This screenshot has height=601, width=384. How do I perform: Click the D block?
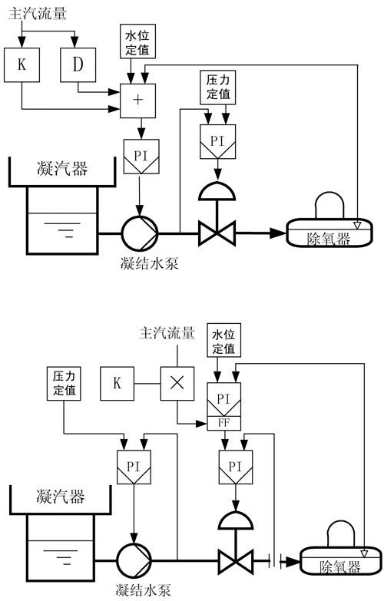coord(78,64)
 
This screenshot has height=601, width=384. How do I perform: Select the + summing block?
coord(137,101)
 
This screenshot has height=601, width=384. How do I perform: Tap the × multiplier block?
coord(177,383)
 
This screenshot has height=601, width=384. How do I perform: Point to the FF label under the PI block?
coord(224,423)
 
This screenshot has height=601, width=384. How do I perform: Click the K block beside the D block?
coord(22,64)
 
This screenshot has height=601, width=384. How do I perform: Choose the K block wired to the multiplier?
coord(117,383)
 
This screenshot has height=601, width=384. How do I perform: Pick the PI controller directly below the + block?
coord(141,157)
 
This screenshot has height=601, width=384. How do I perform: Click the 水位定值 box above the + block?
coord(137,41)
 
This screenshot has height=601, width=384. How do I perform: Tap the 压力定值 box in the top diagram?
coord(218,88)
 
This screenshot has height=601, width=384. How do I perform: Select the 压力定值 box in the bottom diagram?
coord(64,383)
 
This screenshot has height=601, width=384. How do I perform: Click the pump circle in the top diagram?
coord(140,233)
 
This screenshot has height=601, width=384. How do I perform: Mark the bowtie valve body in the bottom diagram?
coord(236,562)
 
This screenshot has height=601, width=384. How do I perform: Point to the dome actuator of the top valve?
coord(217,191)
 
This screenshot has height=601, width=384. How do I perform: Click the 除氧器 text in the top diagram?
coord(329,239)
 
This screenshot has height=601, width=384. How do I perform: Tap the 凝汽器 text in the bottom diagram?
coord(60,497)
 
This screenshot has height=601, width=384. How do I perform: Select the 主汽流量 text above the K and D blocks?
coord(37,13)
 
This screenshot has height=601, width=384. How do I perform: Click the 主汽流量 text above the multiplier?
coord(167,333)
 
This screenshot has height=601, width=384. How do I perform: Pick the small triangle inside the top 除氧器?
coord(357,225)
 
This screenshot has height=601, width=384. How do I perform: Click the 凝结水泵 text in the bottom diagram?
coord(143,590)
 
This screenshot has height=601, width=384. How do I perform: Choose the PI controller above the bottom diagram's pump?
coord(134,467)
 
